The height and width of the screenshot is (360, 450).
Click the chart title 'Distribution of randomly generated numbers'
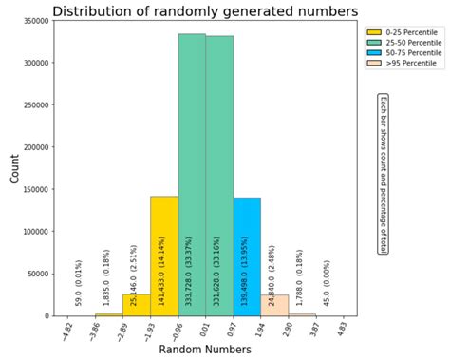(205, 11)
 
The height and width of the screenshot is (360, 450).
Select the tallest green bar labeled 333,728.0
(192, 171)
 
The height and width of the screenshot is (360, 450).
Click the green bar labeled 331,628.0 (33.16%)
(219, 171)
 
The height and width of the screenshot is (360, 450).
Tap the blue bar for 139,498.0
(247, 252)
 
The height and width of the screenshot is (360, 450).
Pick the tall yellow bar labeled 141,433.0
(164, 252)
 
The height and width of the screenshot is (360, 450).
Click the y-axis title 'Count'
(13, 169)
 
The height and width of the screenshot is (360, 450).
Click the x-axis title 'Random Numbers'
(205, 350)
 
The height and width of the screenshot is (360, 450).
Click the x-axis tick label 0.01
(203, 329)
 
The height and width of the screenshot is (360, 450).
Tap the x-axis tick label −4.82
(66, 330)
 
